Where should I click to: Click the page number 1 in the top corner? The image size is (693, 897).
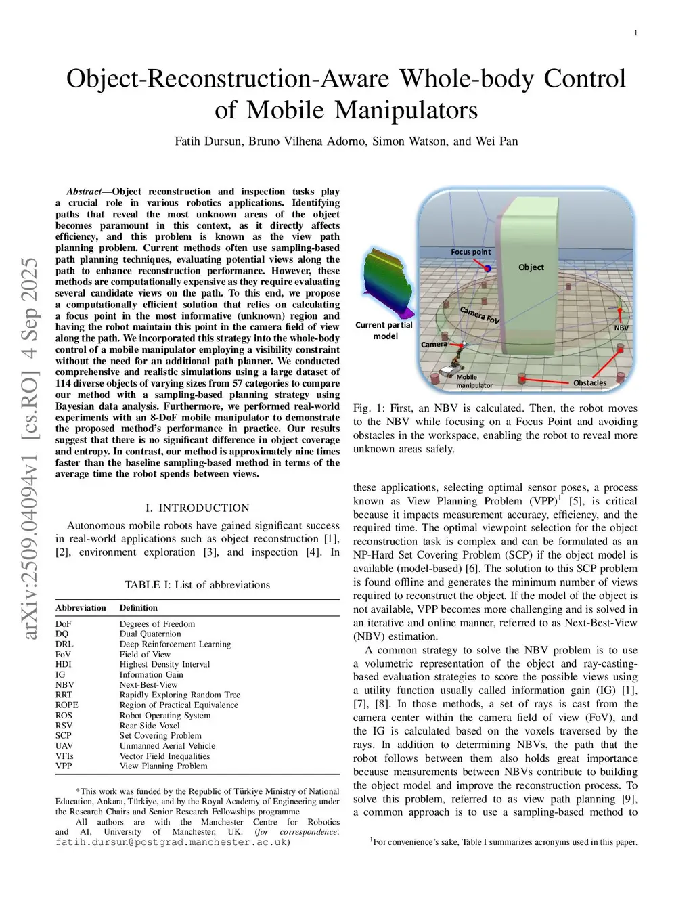tap(635, 33)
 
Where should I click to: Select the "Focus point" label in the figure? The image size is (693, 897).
tap(471, 252)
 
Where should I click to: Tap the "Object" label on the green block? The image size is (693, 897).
tap(531, 267)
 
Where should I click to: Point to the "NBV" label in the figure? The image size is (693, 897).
tap(621, 328)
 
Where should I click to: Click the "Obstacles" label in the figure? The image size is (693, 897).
tap(589, 382)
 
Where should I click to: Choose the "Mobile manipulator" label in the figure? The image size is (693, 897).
tap(474, 381)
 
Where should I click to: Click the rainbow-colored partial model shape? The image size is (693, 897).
tap(388, 284)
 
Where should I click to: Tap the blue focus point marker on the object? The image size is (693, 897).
tap(487, 269)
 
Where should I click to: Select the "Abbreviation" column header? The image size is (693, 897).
tap(81, 608)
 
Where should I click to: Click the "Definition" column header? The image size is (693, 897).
tap(139, 608)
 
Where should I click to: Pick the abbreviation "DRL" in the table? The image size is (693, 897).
tap(64, 644)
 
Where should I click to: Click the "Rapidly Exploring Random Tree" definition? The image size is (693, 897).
tap(180, 695)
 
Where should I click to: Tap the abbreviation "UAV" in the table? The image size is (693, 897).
tap(65, 746)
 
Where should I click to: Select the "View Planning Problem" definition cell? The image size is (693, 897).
tap(164, 766)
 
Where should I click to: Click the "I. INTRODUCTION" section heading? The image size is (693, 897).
tap(198, 508)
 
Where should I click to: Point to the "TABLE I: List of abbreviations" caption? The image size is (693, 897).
tap(198, 585)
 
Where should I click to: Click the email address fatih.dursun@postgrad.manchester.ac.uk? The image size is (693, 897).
tap(173, 842)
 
